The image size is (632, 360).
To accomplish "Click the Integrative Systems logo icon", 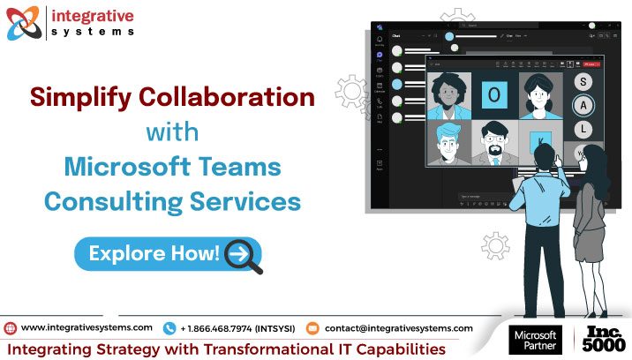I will (x=23, y=23).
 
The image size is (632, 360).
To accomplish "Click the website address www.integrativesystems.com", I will (x=87, y=327).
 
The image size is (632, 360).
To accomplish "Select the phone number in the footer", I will (x=239, y=327).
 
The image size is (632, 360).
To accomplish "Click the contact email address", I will (x=398, y=327).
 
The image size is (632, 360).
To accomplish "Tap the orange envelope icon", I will (x=312, y=327).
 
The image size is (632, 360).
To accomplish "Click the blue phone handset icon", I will (x=169, y=327).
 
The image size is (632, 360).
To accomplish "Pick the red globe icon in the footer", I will (x=10, y=327).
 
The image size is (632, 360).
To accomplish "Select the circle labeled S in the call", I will (x=583, y=82).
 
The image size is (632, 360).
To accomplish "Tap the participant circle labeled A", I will (x=583, y=106).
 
